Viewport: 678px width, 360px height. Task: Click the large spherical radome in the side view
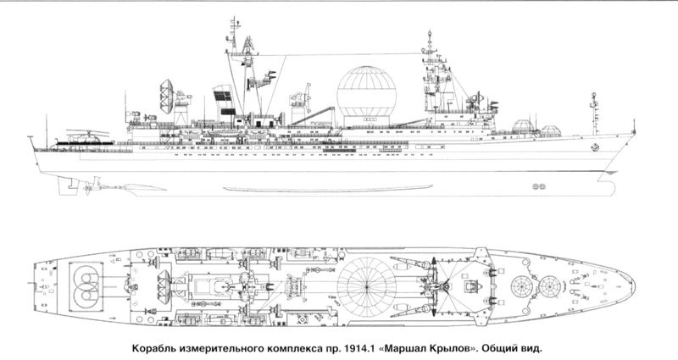[366, 91]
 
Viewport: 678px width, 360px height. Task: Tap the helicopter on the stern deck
[84, 137]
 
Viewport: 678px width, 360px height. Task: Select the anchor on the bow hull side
[596, 147]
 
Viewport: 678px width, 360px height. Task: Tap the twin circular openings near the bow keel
[539, 186]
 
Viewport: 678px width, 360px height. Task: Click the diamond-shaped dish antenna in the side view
[166, 97]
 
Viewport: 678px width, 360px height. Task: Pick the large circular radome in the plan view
[366, 285]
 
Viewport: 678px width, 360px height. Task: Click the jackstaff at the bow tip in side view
[633, 126]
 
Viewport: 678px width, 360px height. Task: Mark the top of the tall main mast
[235, 18]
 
